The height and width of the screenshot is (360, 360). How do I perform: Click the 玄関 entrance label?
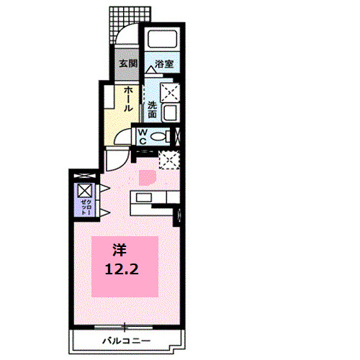(127, 64)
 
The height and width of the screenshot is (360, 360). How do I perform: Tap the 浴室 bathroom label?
(163, 64)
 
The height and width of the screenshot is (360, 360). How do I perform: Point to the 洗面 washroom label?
(153, 108)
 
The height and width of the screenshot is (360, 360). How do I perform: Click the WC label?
(143, 137)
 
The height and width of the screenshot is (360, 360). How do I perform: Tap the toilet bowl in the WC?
(165, 136)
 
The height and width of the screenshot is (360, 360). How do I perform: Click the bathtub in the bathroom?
(163, 43)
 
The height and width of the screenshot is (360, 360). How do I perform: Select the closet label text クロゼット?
(85, 205)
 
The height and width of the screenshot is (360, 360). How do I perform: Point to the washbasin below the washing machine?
(171, 113)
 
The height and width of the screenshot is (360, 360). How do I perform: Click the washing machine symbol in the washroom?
(169, 92)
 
